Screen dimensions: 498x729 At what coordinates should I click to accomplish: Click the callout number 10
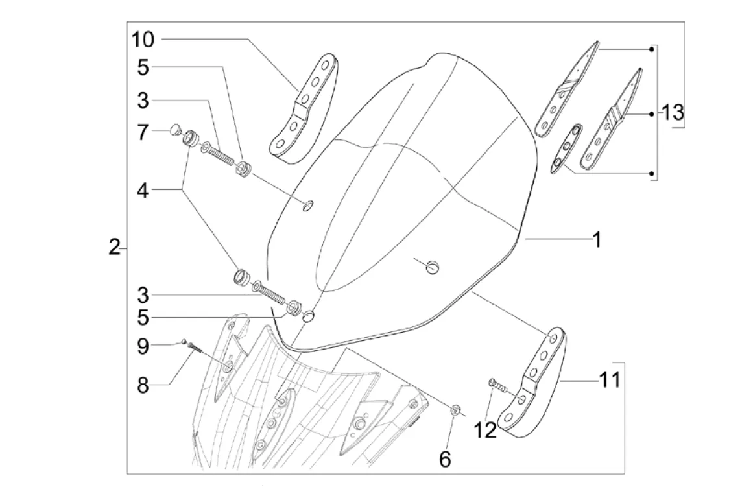(143, 40)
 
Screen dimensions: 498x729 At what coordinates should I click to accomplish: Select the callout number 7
(143, 134)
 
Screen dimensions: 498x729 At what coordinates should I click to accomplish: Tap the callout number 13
(673, 113)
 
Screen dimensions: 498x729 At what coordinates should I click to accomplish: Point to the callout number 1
(596, 240)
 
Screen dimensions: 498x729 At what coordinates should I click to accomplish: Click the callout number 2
(114, 247)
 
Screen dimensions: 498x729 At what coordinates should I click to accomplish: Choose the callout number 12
(486, 429)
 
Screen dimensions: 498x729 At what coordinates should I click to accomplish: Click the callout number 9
(142, 346)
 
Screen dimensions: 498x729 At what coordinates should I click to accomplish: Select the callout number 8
(142, 385)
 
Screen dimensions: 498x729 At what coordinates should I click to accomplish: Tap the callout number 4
(143, 191)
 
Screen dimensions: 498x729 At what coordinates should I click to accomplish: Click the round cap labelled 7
(174, 130)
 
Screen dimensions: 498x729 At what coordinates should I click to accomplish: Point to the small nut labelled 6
(456, 409)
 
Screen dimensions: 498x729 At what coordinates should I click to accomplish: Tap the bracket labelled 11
(538, 383)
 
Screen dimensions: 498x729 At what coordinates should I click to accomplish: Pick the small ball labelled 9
(184, 341)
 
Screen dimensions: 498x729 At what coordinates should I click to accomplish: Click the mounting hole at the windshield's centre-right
(432, 267)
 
